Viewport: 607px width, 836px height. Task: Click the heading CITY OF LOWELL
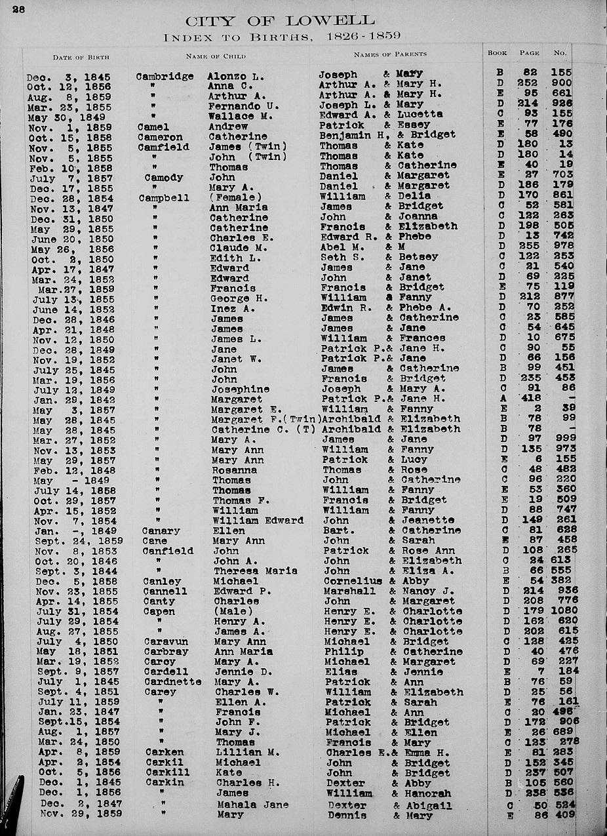click(280, 21)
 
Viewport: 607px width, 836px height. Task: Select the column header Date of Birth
click(81, 57)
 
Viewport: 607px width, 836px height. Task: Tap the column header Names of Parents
click(390, 54)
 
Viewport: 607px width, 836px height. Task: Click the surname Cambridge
click(165, 76)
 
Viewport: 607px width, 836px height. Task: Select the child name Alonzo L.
click(235, 76)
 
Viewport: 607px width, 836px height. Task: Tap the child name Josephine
click(241, 389)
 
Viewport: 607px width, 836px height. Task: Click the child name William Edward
click(258, 521)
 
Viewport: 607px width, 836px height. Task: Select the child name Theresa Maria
click(255, 571)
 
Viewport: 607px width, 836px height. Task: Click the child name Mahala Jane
click(252, 805)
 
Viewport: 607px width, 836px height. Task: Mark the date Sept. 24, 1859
click(79, 541)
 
